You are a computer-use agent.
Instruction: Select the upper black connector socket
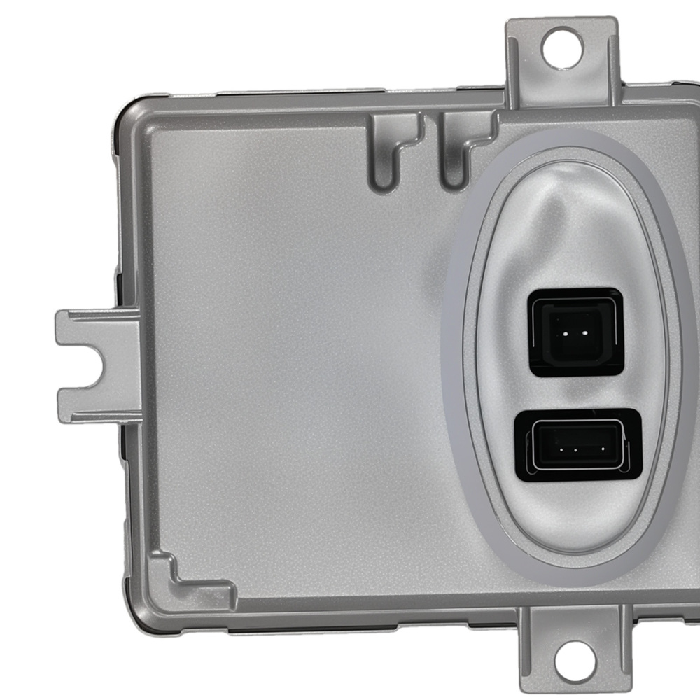[x=575, y=332]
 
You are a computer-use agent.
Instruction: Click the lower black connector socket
[x=576, y=445]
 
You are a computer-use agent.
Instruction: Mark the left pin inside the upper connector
[x=563, y=333]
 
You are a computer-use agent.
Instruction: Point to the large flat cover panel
[x=294, y=364]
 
